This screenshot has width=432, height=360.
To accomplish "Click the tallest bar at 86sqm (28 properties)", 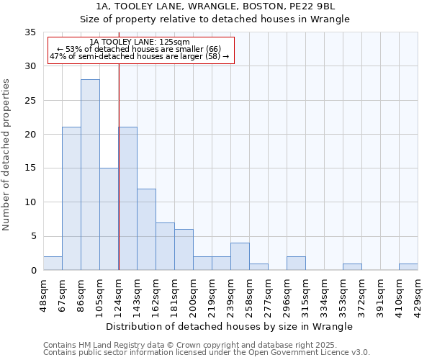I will (90, 175).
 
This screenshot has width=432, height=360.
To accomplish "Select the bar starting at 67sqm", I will (71, 199).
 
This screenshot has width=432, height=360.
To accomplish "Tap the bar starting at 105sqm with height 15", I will (109, 219).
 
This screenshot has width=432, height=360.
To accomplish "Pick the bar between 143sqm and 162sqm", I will (146, 229).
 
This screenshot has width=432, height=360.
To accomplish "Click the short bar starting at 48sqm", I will (53, 264).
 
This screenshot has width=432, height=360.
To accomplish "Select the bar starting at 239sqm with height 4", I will (240, 257).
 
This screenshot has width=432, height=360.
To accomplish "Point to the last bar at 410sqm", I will (408, 267).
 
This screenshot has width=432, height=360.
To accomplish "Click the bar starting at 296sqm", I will (296, 264).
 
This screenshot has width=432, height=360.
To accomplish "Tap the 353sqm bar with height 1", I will (352, 267).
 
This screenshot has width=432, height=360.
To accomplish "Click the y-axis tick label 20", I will (30, 135).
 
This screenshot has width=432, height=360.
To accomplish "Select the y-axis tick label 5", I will (32, 236).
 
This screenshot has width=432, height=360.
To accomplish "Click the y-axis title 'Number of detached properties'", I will (7, 154).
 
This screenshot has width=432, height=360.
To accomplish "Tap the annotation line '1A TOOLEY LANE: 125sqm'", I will (140, 42).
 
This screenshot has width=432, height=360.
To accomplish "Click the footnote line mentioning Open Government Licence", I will (207, 353).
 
